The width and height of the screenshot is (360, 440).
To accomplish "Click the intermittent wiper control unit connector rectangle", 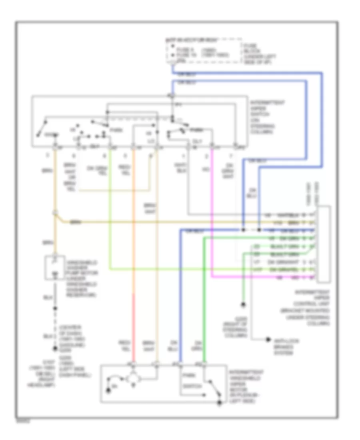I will point(324,243).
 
